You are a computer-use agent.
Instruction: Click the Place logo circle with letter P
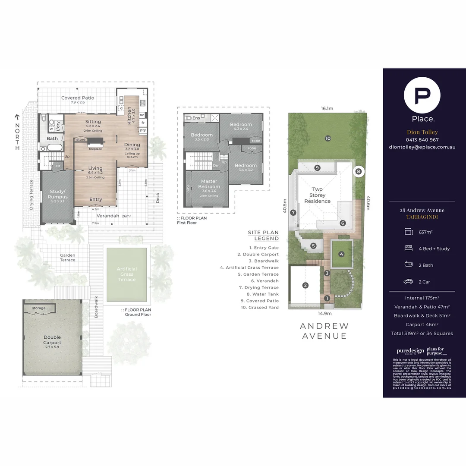pyautogui.click(x=422, y=96)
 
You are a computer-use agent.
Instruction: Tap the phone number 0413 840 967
pyautogui.click(x=422, y=140)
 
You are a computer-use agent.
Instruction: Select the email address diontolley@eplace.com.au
pyautogui.click(x=422, y=147)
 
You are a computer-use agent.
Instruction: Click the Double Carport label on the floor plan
pyautogui.click(x=52, y=340)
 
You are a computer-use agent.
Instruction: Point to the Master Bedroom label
pyautogui.click(x=209, y=184)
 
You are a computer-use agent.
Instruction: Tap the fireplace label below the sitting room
pyautogui.click(x=95, y=149)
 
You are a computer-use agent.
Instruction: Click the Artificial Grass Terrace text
pyautogui.click(x=127, y=274)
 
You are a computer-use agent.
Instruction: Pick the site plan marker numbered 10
pyautogui.click(x=328, y=139)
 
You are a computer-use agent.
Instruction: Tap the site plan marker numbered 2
pyautogui.click(x=305, y=285)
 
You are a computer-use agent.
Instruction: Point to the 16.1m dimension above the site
pyautogui.click(x=327, y=109)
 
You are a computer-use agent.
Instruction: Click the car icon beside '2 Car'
pyautogui.click(x=408, y=282)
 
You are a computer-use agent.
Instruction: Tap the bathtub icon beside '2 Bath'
pyautogui.click(x=408, y=265)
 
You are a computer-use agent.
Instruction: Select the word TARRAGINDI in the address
pyautogui.click(x=422, y=217)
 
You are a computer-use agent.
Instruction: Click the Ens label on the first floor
pyautogui.click(x=196, y=118)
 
